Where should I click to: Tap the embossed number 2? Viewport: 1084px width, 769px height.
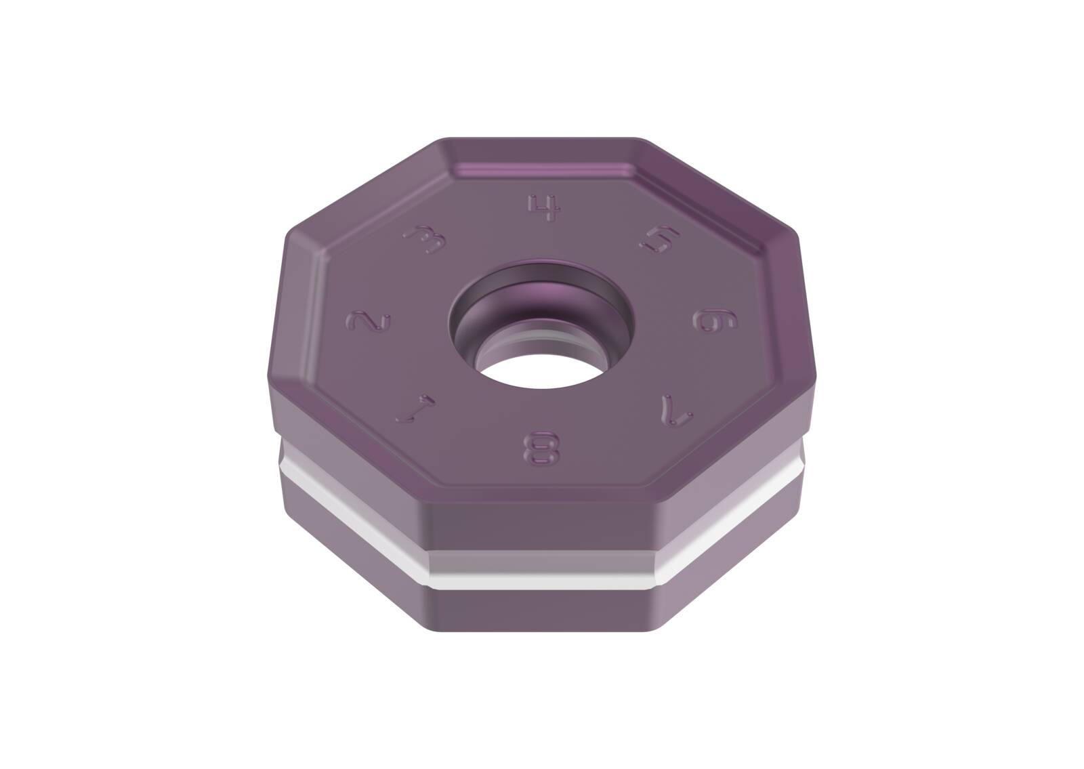click(369, 322)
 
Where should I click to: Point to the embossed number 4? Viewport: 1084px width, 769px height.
click(545, 208)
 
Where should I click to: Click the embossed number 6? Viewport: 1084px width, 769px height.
click(715, 321)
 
